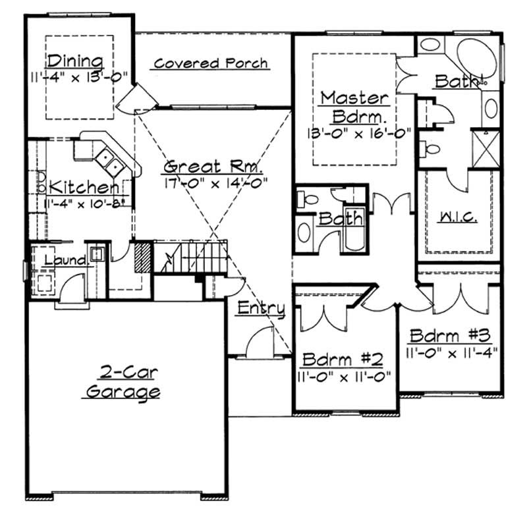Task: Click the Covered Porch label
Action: [211, 63]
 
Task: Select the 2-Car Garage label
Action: [124, 383]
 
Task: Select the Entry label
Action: [261, 308]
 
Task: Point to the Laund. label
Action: [65, 261]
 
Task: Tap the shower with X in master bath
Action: [487, 149]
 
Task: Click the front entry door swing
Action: [258, 344]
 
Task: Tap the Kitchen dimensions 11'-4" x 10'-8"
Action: [79, 203]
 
